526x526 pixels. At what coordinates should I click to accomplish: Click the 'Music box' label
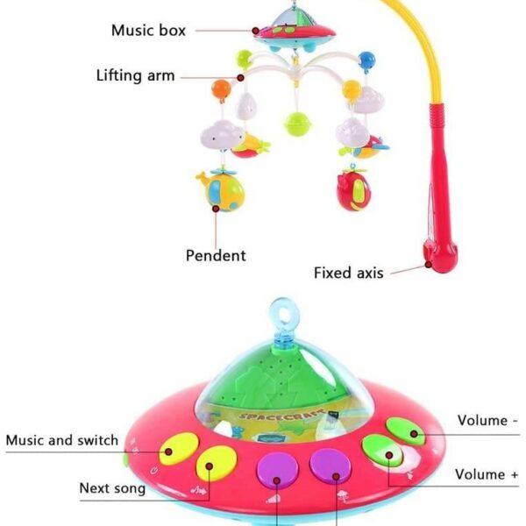click(x=148, y=30)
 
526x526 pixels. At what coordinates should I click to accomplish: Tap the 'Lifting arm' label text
click(x=136, y=75)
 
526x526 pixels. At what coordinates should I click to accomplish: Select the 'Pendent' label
click(x=216, y=255)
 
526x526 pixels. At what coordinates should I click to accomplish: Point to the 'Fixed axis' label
click(x=349, y=273)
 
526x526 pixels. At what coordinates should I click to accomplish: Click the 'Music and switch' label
click(x=62, y=440)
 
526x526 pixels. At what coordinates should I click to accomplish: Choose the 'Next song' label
click(x=112, y=488)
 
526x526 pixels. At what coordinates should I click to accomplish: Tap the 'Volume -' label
click(x=487, y=420)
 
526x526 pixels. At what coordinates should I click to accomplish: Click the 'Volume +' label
click(x=487, y=474)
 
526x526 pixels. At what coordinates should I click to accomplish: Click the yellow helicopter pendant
click(x=220, y=190)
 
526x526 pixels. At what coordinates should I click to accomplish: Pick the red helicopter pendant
click(x=352, y=189)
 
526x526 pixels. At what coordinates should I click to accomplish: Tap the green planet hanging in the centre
click(x=297, y=124)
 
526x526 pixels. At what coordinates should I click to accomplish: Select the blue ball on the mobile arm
click(x=366, y=60)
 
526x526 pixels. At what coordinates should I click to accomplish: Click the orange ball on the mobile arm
click(x=222, y=89)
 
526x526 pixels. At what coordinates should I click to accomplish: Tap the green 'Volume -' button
click(x=406, y=431)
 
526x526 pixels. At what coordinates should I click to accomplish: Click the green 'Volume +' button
click(x=382, y=451)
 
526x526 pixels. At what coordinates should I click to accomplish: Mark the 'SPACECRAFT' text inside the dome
click(x=281, y=415)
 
